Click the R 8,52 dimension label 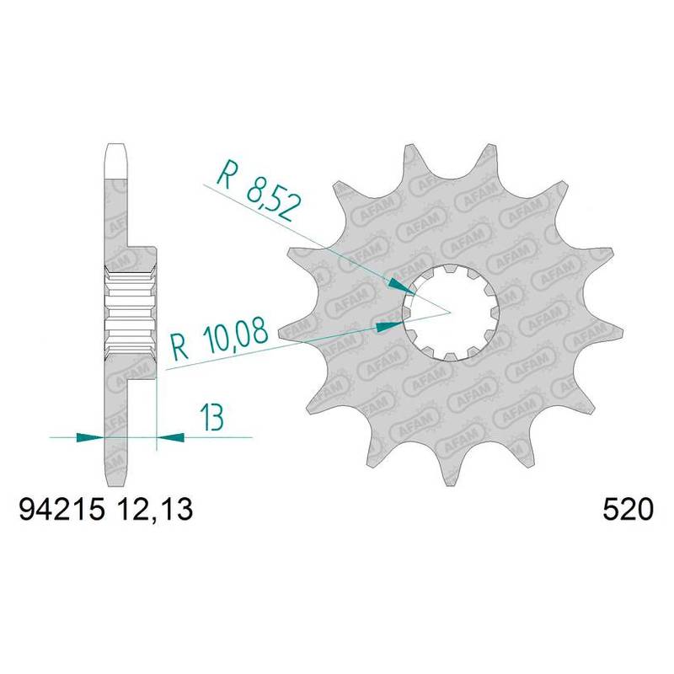coord(258,190)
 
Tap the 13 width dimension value coord(212,417)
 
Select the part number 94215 coord(62,511)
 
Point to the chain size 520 coord(628,511)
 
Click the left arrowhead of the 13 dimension coord(90,437)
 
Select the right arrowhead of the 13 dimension coord(170,437)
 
